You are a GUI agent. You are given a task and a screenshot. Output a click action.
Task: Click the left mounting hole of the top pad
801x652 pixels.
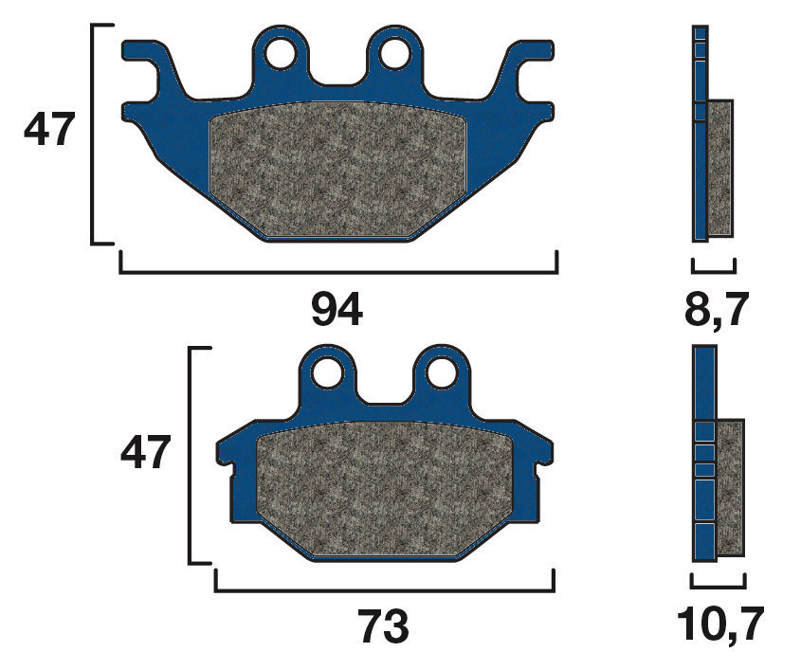(x=280, y=53)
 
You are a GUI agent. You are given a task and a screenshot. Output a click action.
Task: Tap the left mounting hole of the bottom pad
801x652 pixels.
(x=328, y=371)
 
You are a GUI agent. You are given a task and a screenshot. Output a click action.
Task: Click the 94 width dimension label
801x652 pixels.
(x=337, y=310)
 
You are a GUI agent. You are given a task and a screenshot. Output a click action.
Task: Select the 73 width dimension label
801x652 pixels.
(x=384, y=625)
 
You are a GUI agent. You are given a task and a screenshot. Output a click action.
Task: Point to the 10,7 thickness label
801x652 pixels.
(x=718, y=625)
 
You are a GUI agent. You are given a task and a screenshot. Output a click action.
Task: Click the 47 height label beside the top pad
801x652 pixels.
(x=48, y=131)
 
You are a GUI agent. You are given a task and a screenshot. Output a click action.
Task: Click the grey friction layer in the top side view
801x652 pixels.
(x=720, y=168)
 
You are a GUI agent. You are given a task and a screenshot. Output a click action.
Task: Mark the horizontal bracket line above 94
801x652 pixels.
(x=338, y=272)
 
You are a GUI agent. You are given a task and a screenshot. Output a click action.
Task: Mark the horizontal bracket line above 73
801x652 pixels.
(x=385, y=589)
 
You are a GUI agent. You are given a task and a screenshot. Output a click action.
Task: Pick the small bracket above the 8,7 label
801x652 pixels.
(x=714, y=270)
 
